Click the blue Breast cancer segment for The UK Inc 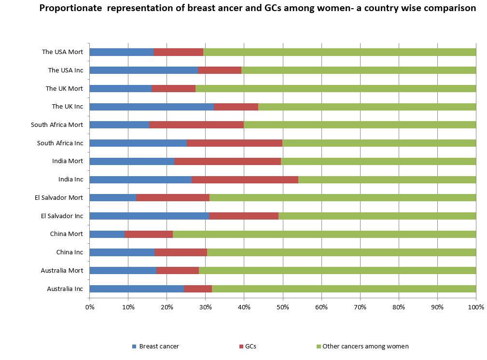(152, 107)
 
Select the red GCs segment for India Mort (227, 161)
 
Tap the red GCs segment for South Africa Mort (196, 125)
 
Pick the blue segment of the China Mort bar (107, 234)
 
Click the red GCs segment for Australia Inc (198, 289)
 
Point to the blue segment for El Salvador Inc (149, 216)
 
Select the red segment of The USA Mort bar (178, 52)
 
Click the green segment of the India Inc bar (387, 180)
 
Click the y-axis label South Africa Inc (60, 143)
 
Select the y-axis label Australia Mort (62, 270)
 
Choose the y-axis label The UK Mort (64, 88)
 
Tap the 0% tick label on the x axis (89, 307)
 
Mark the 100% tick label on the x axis (476, 307)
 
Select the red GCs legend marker (241, 346)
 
